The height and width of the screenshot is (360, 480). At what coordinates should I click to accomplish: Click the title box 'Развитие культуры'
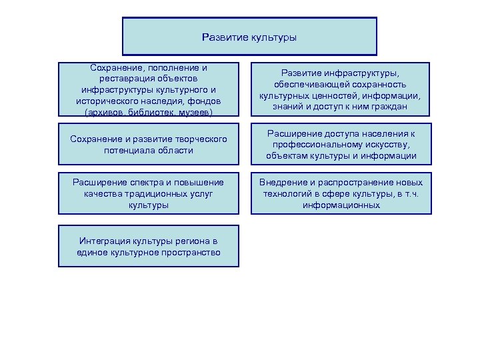[x=249, y=37]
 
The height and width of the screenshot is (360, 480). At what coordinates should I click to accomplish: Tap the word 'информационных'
[x=341, y=205]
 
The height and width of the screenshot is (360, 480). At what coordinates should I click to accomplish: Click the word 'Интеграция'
[x=105, y=241]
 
